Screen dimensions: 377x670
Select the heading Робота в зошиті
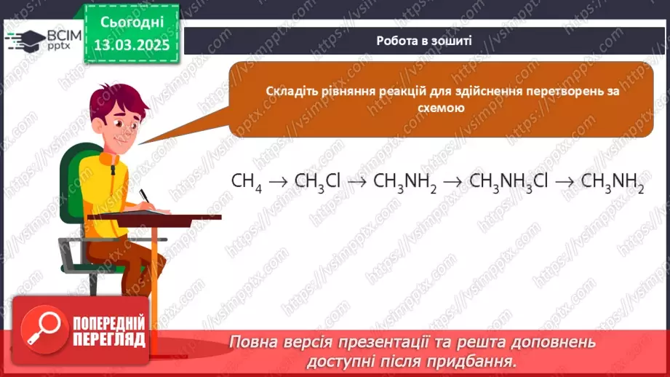424,41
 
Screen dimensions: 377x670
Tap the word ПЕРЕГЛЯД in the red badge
108,338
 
